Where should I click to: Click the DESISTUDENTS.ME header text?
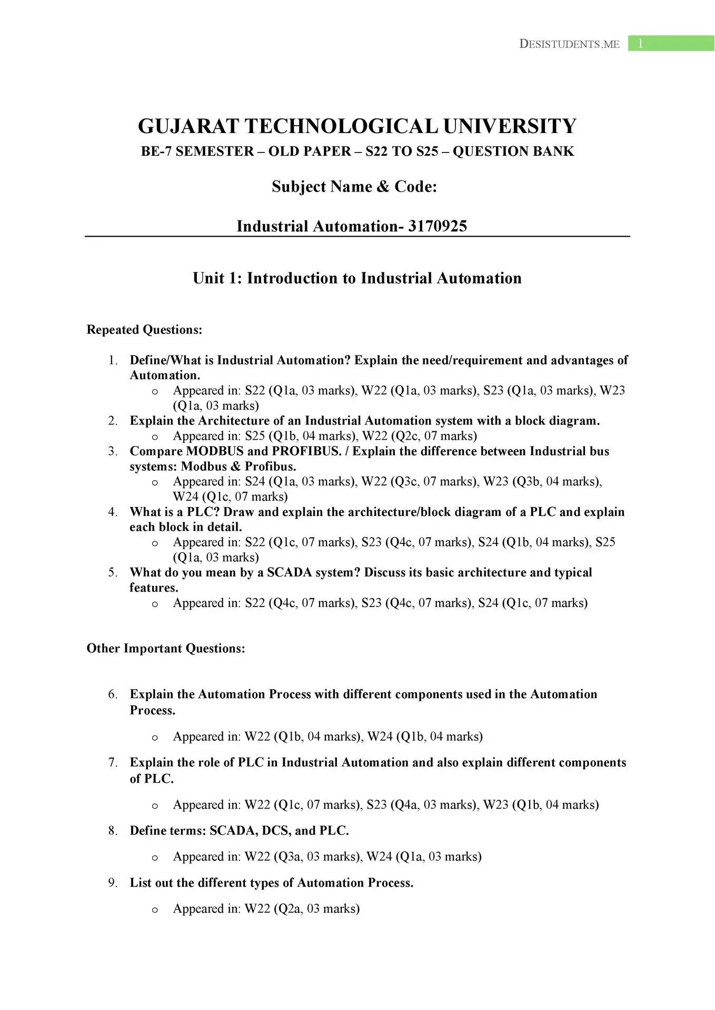[x=569, y=44]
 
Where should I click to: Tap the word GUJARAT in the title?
[x=187, y=126]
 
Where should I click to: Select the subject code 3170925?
[x=438, y=226]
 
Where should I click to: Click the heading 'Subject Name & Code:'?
[x=354, y=186]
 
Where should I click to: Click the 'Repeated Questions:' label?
[x=144, y=330]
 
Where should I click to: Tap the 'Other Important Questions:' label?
[x=166, y=648]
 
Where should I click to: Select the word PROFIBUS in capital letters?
[x=306, y=451]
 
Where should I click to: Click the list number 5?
[x=113, y=572]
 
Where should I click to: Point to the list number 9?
[x=113, y=883]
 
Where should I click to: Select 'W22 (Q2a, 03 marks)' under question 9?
[x=302, y=909]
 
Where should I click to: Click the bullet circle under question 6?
[x=155, y=738]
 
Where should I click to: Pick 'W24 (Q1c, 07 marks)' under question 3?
[x=230, y=497]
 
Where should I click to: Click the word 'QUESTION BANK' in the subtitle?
[x=513, y=151]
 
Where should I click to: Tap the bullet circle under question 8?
[x=155, y=857]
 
